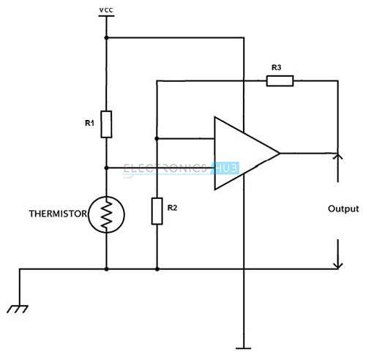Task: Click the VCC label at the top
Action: [106, 10]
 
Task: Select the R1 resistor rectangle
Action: [106, 124]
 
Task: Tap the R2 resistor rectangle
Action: [157, 211]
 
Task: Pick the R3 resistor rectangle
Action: [280, 81]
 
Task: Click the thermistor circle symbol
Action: [89, 214]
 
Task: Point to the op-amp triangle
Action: [214, 153]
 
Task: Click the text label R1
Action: [89, 123]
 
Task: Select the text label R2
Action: [172, 208]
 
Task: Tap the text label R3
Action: [277, 67]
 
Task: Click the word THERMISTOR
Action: [58, 214]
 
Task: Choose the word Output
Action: [343, 209]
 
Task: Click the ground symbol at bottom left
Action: [18, 309]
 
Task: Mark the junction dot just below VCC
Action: [106, 38]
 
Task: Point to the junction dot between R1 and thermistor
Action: [106, 168]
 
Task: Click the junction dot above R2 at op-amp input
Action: [157, 138]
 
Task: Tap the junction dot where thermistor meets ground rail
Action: [106, 269]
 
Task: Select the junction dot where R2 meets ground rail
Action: [157, 269]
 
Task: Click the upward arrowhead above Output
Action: [338, 156]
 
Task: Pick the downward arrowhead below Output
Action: [338, 266]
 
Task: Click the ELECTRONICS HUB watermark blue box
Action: [225, 168]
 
